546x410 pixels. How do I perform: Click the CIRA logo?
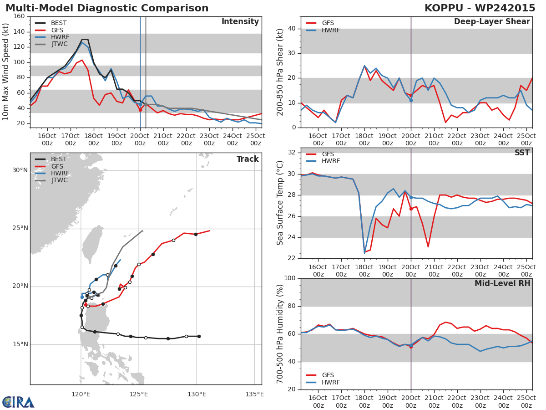[18, 402]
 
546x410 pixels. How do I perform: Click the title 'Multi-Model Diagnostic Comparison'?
[107, 8]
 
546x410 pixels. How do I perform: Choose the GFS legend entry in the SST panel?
[328, 154]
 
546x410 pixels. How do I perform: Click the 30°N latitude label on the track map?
[20, 170]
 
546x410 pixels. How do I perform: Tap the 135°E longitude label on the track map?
[254, 395]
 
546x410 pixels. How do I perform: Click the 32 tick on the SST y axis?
[292, 153]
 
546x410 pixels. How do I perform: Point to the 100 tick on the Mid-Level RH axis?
[289, 278]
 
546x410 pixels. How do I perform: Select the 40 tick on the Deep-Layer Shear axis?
[292, 29]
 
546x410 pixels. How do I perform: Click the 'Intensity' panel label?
[240, 22]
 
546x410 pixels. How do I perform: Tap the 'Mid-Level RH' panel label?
[502, 284]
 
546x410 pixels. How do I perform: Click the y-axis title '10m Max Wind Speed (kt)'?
[6, 72]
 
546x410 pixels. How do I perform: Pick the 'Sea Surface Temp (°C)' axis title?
[281, 203]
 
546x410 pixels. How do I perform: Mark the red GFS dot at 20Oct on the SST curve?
[411, 209]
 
